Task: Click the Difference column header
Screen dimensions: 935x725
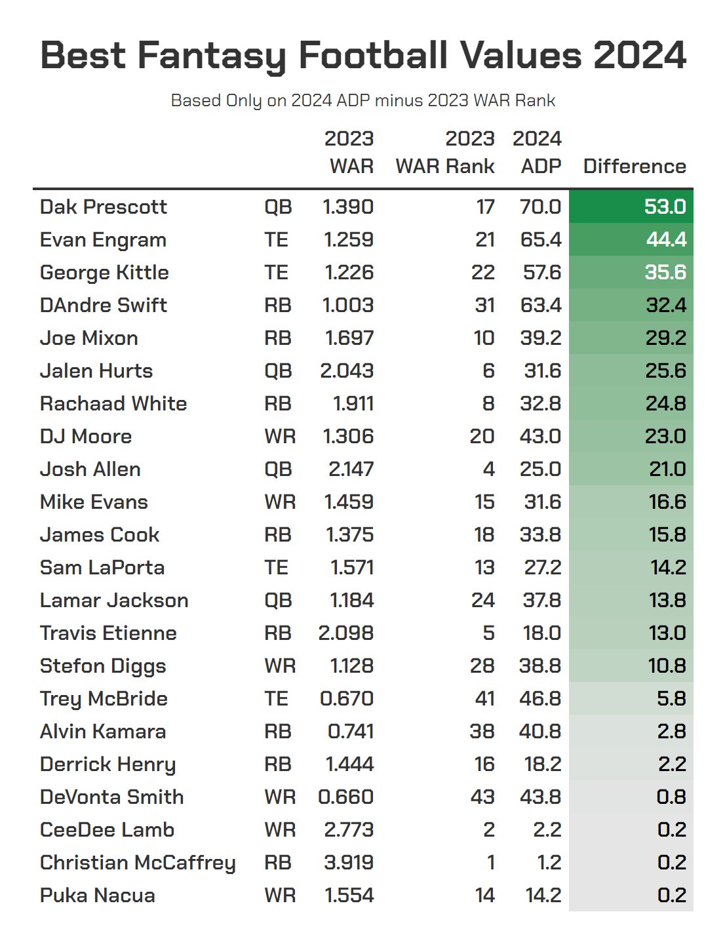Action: pyautogui.click(x=634, y=166)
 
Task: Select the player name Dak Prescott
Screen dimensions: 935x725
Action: pyautogui.click(x=104, y=207)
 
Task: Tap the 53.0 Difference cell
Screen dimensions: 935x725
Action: pyautogui.click(x=665, y=207)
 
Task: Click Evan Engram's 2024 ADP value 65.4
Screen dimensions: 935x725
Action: pyautogui.click(x=540, y=239)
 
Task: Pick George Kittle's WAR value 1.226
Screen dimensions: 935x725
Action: pyautogui.click(x=349, y=272)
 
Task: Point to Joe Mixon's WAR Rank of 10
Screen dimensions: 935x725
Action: pyautogui.click(x=484, y=338)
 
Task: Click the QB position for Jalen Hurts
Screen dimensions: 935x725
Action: pyautogui.click(x=278, y=370)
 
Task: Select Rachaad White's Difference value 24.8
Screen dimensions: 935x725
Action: pyautogui.click(x=665, y=403)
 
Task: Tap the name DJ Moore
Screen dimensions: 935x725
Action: pyautogui.click(x=86, y=436)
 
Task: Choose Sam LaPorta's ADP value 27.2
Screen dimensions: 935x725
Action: pyautogui.click(x=542, y=567)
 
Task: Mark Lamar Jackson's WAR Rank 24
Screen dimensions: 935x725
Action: pyautogui.click(x=483, y=600)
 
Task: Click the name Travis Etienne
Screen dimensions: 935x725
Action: pyautogui.click(x=108, y=633)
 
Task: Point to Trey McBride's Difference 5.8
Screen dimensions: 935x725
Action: pyautogui.click(x=671, y=698)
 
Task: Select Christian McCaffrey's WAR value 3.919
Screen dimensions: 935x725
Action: pyautogui.click(x=349, y=862)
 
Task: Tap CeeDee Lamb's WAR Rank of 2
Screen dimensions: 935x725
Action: pyautogui.click(x=488, y=829)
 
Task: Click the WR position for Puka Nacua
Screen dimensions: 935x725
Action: pyautogui.click(x=280, y=895)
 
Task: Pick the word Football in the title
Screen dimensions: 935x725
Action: pyautogui.click(x=374, y=55)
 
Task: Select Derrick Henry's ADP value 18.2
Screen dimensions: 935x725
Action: pyautogui.click(x=540, y=764)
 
